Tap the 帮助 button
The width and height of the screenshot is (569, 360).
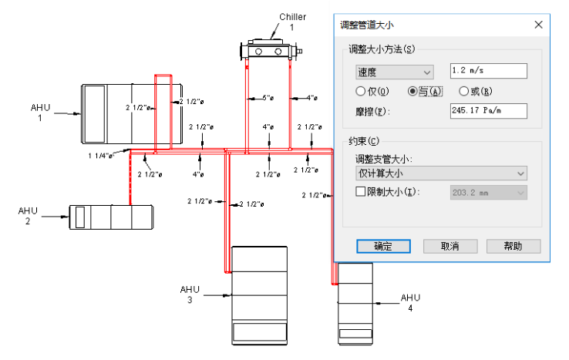click(x=513, y=246)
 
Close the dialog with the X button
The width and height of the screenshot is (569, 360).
click(x=538, y=25)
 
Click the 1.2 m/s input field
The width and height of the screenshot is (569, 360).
click(x=487, y=71)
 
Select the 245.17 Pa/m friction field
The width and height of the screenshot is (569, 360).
click(x=487, y=112)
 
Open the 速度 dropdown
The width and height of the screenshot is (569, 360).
click(x=394, y=72)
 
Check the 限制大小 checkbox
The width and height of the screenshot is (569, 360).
click(x=360, y=191)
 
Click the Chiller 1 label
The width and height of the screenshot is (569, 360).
click(x=292, y=22)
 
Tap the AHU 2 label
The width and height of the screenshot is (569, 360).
click(x=28, y=216)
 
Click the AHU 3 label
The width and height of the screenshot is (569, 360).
click(x=190, y=294)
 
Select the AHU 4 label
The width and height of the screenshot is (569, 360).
click(x=410, y=302)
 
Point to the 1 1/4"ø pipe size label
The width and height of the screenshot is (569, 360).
click(x=100, y=156)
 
